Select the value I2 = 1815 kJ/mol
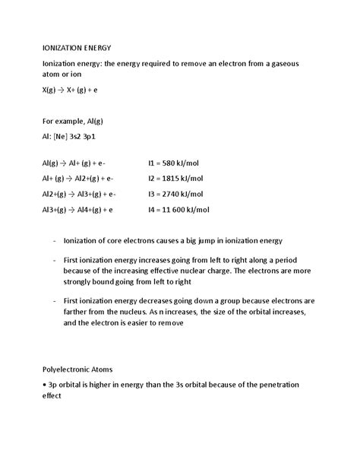tap(175, 178)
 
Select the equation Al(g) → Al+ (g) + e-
tap(74, 163)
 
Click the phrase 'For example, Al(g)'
tap(77, 120)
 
